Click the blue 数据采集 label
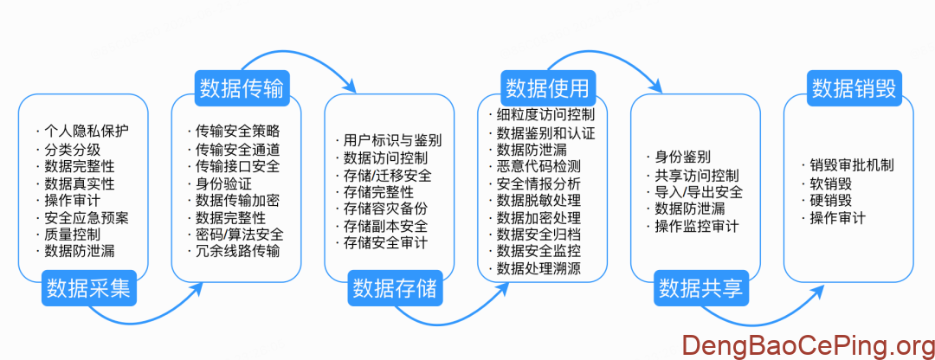click(x=89, y=288)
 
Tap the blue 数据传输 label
click(x=242, y=87)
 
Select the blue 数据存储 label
click(x=394, y=288)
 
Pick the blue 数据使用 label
click(x=546, y=87)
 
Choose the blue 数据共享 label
click(x=700, y=288)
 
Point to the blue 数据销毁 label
click(x=853, y=87)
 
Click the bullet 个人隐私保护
click(x=87, y=132)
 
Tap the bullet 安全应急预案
click(x=87, y=217)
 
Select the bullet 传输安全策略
click(x=237, y=132)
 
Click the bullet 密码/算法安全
click(x=239, y=235)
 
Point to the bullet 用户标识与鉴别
click(x=392, y=140)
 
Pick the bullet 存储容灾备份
click(x=385, y=209)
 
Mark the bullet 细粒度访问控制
click(x=545, y=115)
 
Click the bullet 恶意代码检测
click(x=538, y=166)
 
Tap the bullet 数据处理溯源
click(x=538, y=269)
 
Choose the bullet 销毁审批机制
click(x=852, y=165)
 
